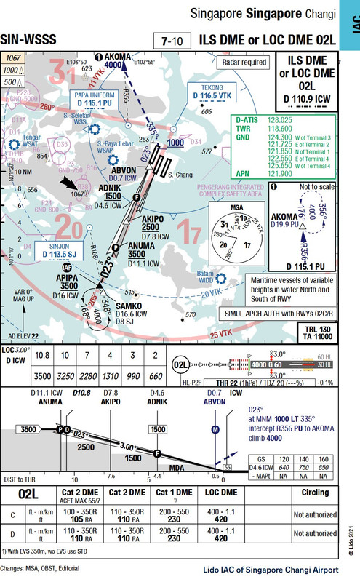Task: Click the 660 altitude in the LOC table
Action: pyautogui.click(x=155, y=378)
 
